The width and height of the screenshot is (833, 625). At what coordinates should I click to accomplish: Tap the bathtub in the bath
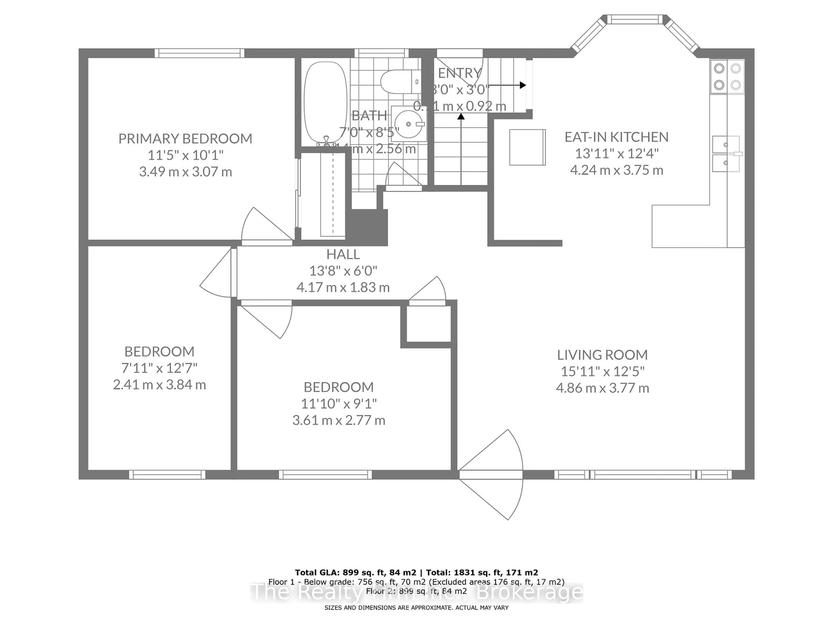click(x=325, y=102)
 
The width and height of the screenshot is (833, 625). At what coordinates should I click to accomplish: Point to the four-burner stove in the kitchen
click(x=727, y=76)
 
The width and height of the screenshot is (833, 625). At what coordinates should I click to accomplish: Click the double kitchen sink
click(x=726, y=154)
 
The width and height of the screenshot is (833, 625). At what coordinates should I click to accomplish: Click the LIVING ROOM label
click(x=602, y=355)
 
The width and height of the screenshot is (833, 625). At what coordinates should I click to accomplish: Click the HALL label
click(x=343, y=254)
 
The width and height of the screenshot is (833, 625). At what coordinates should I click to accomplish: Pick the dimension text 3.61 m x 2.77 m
click(x=339, y=420)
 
